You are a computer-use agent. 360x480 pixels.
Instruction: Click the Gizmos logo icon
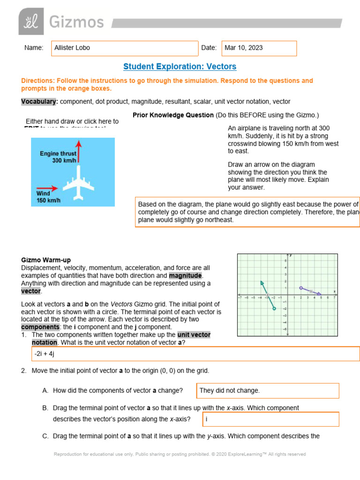pyautogui.click(x=31, y=21)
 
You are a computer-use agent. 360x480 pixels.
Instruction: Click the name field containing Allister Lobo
pyautogui.click(x=124, y=48)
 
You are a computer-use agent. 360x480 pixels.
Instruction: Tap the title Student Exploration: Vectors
pyautogui.click(x=180, y=67)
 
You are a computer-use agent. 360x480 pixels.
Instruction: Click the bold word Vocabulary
pyautogui.click(x=39, y=101)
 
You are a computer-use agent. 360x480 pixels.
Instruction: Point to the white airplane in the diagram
pyautogui.click(x=78, y=184)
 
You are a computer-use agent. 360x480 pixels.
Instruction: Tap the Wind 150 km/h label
pyautogui.click(x=48, y=197)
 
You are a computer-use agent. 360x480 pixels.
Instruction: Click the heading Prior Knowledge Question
pyautogui.click(x=173, y=115)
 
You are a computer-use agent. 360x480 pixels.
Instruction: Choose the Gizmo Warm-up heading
pyautogui.click(x=46, y=260)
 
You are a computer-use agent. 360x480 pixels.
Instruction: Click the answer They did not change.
pyautogui.click(x=268, y=390)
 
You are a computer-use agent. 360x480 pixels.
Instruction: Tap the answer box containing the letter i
pyautogui.click(x=271, y=419)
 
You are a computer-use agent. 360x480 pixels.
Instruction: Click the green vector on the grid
pyautogui.click(x=268, y=295)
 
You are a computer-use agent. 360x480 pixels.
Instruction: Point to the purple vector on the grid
pyautogui.click(x=310, y=291)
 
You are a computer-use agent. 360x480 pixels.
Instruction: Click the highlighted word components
pyautogui.click(x=40, y=327)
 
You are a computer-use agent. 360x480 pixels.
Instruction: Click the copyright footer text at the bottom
pyautogui.click(x=180, y=454)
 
